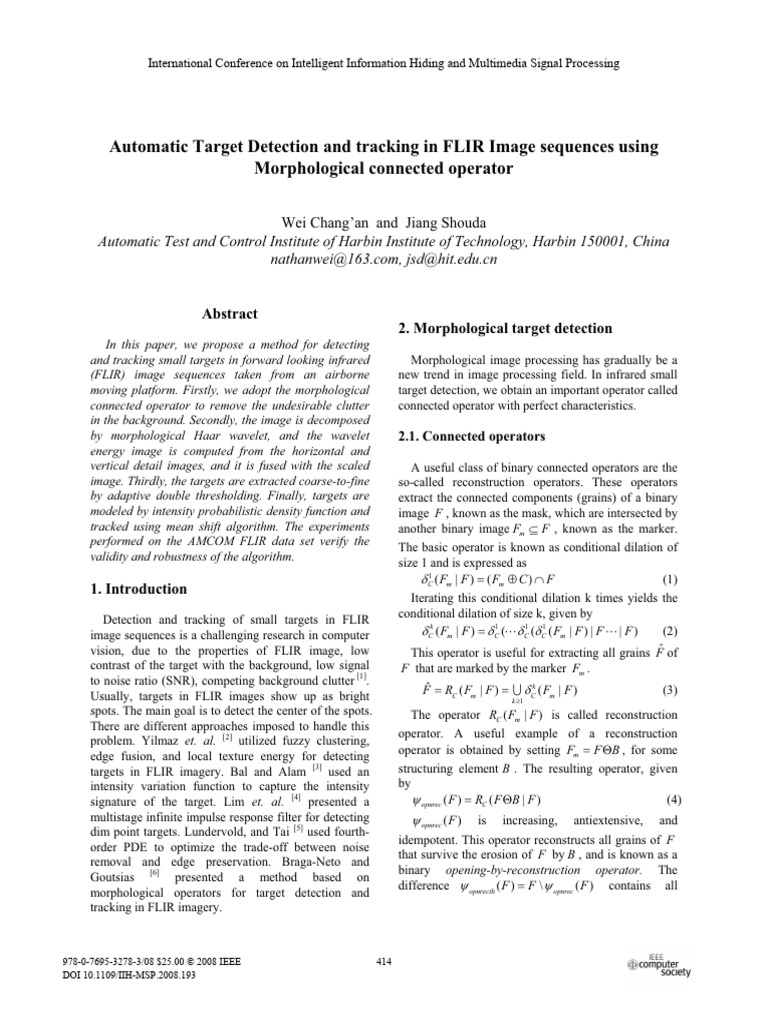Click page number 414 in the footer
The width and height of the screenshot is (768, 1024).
click(x=385, y=962)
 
